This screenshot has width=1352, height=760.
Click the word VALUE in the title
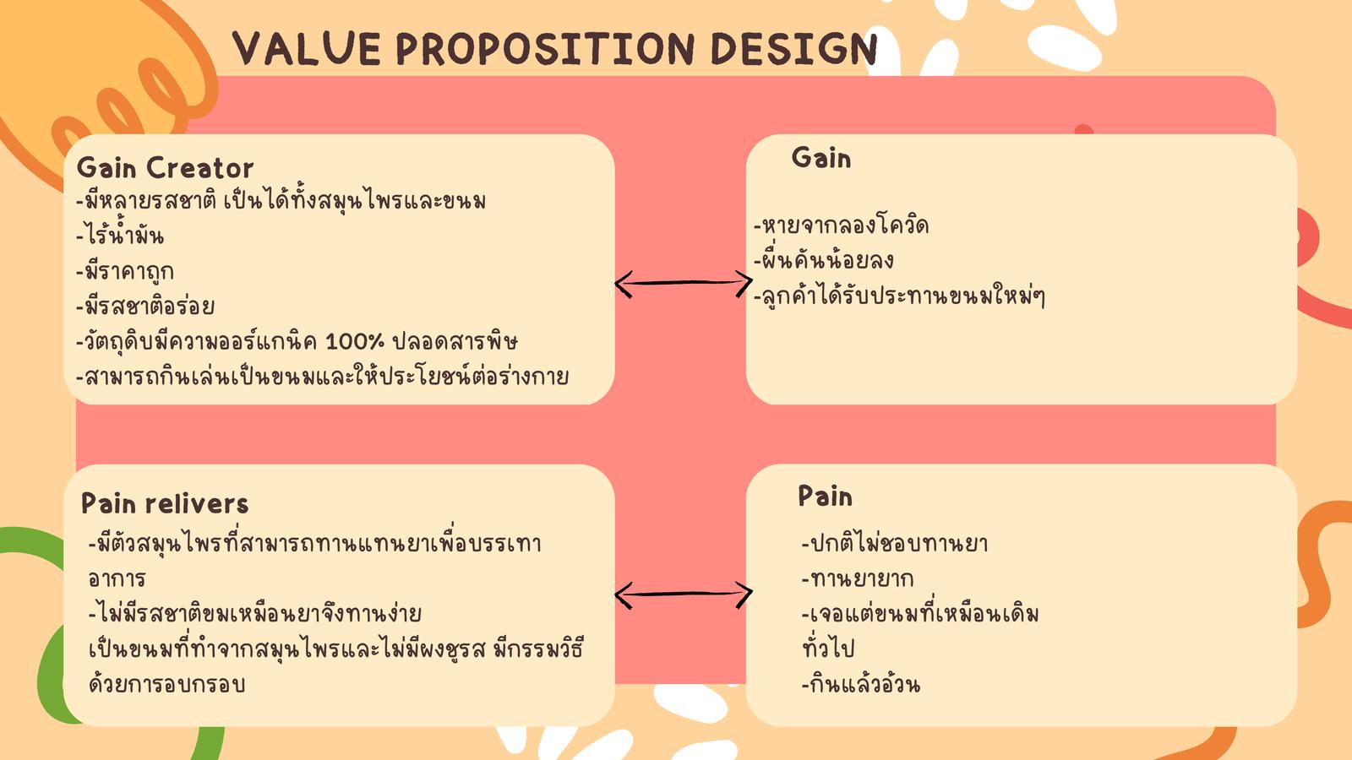(307, 48)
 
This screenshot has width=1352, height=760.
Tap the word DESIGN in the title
(794, 48)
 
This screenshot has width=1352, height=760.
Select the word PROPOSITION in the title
(546, 48)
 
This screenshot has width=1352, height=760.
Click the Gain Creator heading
(165, 168)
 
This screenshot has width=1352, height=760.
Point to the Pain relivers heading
(165, 503)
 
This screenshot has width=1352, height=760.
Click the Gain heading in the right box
(820, 158)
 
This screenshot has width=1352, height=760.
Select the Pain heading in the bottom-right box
(825, 497)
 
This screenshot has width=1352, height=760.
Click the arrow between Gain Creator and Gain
(684, 282)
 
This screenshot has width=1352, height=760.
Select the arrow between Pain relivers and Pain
(684, 594)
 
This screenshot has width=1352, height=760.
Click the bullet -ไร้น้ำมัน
(120, 234)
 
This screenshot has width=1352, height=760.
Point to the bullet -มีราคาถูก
(125, 271)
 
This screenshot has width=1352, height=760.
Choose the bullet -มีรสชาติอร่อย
(145, 306)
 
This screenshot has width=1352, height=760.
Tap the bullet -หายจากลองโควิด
(842, 225)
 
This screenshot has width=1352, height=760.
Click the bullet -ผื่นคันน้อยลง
(824, 260)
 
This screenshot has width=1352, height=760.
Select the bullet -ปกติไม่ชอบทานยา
(895, 543)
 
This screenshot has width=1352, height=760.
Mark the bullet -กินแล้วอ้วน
(861, 684)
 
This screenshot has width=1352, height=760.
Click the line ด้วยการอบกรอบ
(166, 684)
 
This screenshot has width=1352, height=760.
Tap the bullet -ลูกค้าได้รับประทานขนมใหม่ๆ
(899, 296)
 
